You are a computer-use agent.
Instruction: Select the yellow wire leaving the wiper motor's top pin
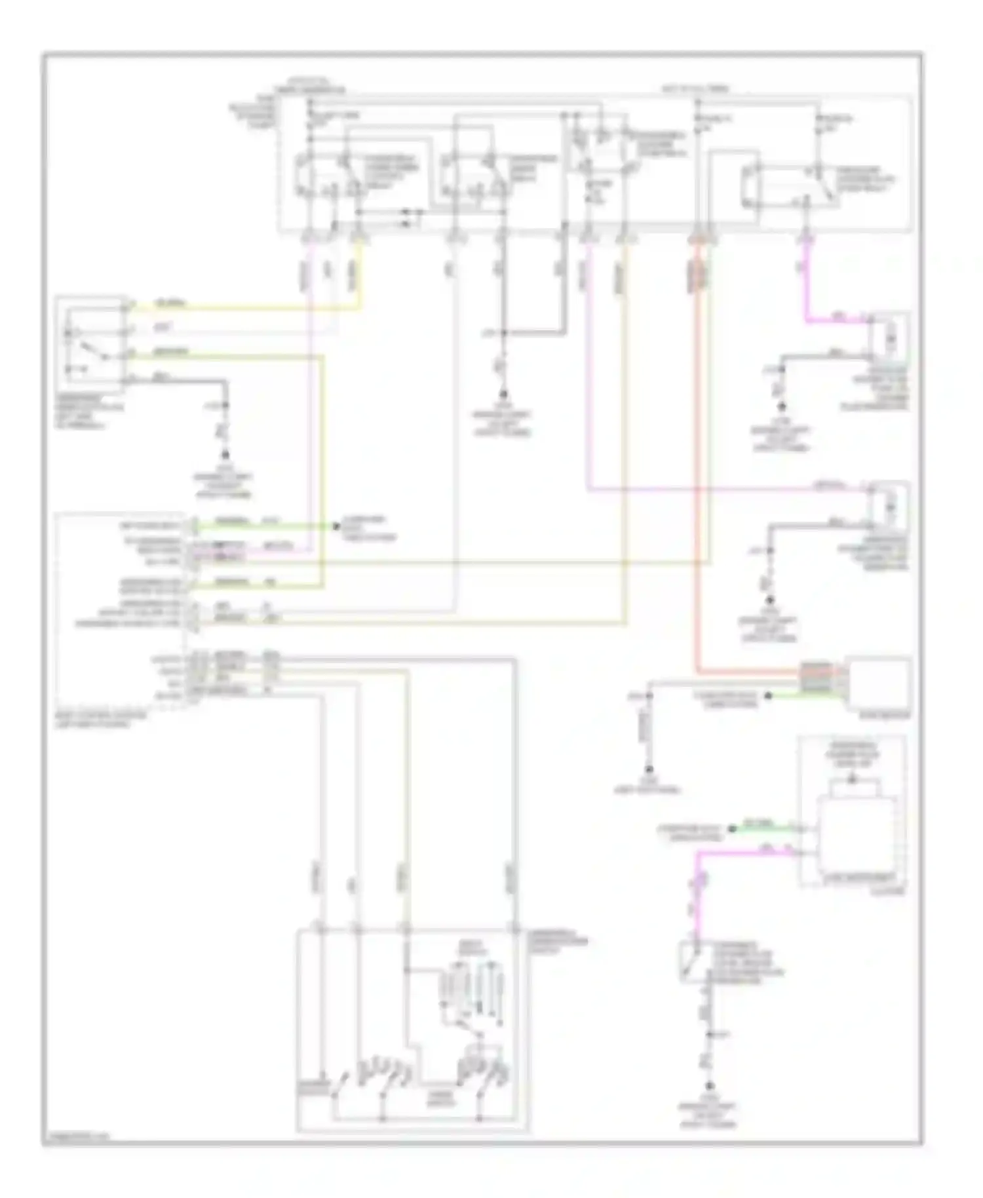tap(249, 307)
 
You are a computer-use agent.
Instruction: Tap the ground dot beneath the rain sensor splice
tap(649, 770)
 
